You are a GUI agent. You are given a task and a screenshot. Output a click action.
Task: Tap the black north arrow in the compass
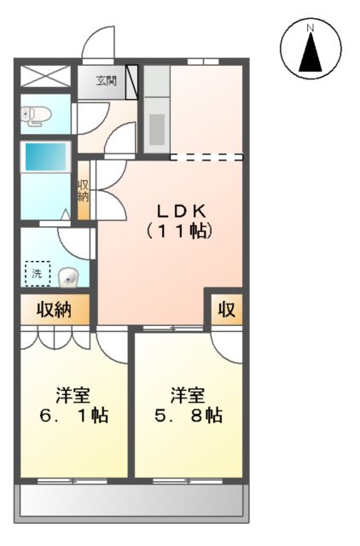coord(311,53)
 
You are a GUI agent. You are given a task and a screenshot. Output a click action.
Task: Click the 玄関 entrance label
coord(106,82)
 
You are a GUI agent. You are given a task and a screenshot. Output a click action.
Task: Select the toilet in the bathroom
coord(34,115)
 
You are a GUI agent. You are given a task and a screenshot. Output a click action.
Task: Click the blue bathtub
coord(44,158)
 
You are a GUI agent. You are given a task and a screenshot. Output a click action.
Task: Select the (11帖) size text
coord(179,231)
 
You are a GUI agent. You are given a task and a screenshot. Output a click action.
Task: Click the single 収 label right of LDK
coord(226,309)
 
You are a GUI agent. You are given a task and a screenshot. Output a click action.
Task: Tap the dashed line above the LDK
coord(207,157)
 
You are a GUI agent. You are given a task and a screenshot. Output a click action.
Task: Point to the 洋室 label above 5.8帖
coord(187,395)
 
